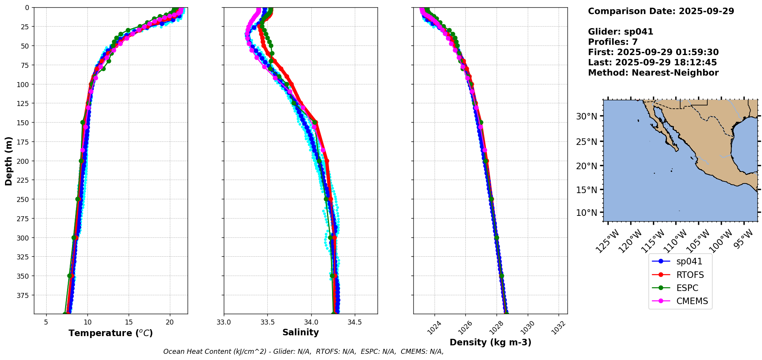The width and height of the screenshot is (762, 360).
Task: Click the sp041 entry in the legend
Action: tap(689, 261)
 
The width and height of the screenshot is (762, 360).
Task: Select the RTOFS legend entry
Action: tap(690, 275)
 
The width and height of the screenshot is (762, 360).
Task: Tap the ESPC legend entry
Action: tap(687, 288)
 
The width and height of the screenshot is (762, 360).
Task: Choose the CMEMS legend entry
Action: tap(692, 301)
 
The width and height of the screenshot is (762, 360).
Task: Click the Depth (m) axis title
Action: tap(8, 161)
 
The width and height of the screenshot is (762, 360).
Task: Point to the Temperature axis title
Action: tap(111, 333)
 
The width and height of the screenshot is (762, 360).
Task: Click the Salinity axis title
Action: tap(300, 332)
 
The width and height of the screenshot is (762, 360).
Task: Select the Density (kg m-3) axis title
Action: tap(490, 342)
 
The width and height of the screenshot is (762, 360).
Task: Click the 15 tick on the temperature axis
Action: tap(129, 322)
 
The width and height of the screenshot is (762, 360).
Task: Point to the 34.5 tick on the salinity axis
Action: tap(354, 322)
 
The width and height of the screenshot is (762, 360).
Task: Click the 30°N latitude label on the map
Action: tap(586, 116)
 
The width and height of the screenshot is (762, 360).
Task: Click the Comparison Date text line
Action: tap(661, 11)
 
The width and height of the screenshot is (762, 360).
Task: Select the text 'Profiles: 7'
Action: tap(613, 42)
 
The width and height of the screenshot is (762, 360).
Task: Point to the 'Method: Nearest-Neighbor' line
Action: tap(653, 73)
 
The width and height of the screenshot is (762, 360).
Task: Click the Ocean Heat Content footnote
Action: tap(303, 352)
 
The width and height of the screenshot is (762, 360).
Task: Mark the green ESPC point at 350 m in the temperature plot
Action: tap(70, 276)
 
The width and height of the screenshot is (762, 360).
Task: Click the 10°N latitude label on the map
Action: tap(586, 213)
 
